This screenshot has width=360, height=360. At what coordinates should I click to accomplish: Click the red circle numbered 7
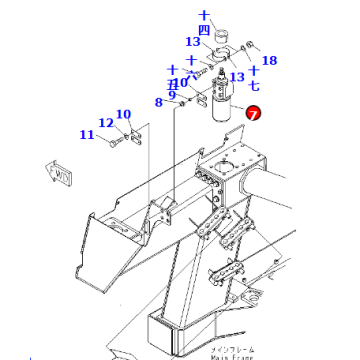[253, 115]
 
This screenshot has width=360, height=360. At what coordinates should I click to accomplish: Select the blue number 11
[87, 133]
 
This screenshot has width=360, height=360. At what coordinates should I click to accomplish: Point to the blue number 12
[105, 123]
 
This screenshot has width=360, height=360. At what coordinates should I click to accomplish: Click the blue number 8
[158, 102]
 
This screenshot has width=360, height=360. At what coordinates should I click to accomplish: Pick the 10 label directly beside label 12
[123, 114]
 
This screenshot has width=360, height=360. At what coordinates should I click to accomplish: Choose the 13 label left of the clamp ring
[192, 42]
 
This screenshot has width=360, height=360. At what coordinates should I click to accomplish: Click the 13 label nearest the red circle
[237, 77]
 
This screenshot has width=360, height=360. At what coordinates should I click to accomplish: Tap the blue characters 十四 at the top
[205, 22]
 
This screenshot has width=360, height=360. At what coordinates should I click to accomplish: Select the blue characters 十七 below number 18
[255, 78]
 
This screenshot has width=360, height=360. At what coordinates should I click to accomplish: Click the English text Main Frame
[232, 356]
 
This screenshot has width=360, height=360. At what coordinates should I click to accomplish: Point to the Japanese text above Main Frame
[232, 348]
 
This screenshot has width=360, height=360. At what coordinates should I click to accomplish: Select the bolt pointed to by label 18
[249, 46]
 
